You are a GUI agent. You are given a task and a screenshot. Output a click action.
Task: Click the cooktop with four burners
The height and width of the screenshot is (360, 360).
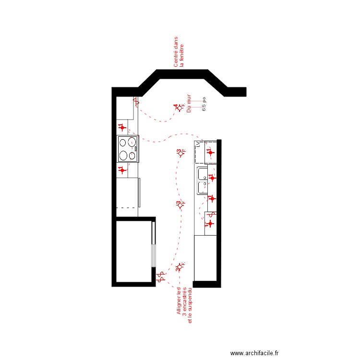coord(128,149)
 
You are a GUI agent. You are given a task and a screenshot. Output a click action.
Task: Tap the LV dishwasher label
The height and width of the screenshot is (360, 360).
coord(197,144)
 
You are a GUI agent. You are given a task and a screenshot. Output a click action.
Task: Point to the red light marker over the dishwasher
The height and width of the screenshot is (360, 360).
coord(210,153)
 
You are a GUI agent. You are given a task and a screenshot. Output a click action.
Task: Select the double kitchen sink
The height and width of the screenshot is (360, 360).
coord(201,180)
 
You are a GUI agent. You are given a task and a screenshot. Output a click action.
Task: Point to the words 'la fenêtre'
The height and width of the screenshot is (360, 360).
coord(182,55)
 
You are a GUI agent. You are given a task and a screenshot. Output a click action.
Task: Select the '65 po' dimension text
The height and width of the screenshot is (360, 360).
coord(204,104)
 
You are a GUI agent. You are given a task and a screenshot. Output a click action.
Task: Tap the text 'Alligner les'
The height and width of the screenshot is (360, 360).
coord(179,301)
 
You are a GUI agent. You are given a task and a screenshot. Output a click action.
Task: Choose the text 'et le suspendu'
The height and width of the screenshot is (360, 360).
coord(190,305)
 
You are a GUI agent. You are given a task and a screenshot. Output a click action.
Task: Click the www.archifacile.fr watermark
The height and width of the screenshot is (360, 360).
coord(257,353)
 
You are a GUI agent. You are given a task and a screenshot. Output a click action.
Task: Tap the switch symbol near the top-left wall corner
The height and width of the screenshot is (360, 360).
coord(136,102)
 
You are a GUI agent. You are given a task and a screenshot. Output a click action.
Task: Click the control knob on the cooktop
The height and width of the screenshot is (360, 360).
coord(136,149)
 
